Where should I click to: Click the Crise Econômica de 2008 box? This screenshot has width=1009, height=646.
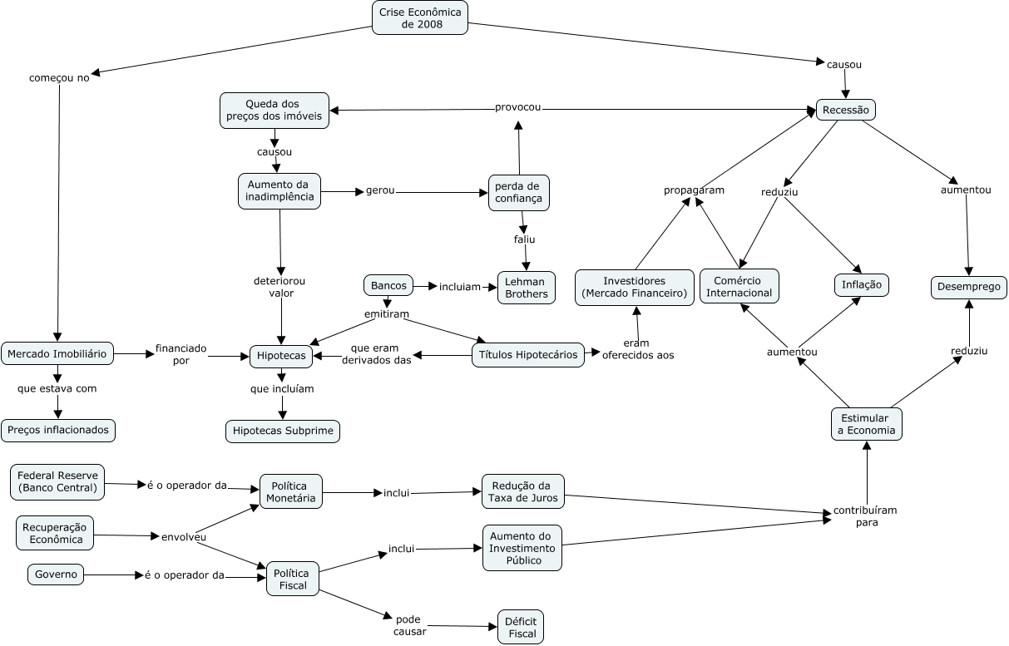[x=420, y=17]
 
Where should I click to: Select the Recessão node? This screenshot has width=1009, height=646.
[x=846, y=110]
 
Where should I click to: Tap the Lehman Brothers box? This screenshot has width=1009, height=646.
[x=526, y=288]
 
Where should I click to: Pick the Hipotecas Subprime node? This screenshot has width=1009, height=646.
[x=284, y=431]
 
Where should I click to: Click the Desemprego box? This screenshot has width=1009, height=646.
[x=969, y=288]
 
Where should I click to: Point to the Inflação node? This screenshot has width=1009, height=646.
[x=862, y=285]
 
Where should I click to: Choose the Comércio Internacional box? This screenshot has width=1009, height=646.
[x=739, y=286]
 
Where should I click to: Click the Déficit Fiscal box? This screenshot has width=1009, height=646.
[x=521, y=628]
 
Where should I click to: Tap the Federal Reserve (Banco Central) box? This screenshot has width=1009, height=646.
[x=57, y=482]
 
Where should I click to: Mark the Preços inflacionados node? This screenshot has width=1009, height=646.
[x=58, y=431]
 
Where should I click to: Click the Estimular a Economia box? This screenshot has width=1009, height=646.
[x=867, y=424]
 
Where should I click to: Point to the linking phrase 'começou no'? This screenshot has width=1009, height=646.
[x=59, y=78]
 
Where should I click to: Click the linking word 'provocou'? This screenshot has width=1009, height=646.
[x=517, y=107]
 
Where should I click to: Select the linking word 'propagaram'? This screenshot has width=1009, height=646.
[x=694, y=190]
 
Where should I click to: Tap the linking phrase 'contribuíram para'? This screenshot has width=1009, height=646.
[x=866, y=516]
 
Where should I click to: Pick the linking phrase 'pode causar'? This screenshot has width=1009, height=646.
[x=409, y=625]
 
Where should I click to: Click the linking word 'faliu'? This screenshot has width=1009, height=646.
[x=524, y=239]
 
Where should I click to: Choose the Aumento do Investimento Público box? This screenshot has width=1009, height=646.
[x=522, y=548]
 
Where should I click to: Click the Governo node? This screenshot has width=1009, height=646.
[x=57, y=574]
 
